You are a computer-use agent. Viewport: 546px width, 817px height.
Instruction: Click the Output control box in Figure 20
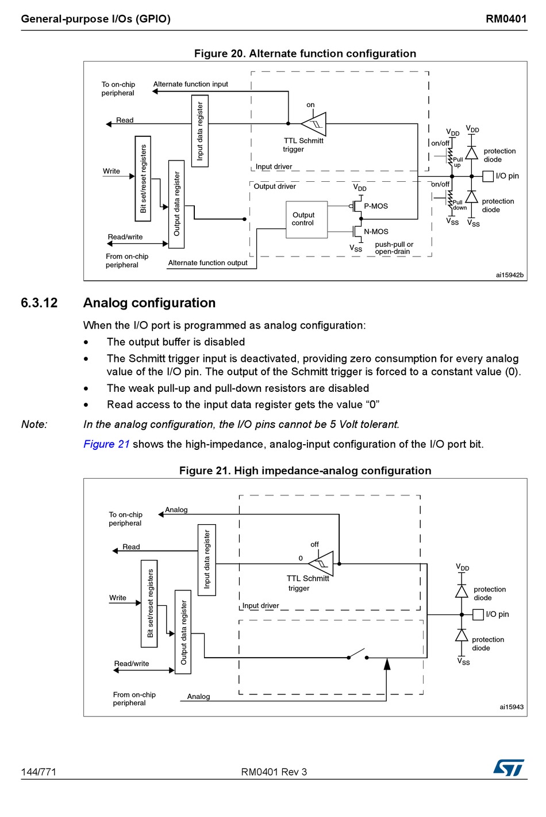(x=306, y=220)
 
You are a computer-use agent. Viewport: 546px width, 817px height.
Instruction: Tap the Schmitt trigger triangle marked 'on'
(x=314, y=124)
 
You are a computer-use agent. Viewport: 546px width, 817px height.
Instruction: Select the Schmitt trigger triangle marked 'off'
(x=321, y=563)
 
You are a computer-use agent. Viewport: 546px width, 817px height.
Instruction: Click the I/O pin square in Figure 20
(x=488, y=176)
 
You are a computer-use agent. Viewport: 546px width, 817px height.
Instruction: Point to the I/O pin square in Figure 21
(x=478, y=614)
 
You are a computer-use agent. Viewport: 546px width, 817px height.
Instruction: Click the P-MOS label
(x=376, y=206)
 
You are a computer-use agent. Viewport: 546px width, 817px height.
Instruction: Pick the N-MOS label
(x=376, y=232)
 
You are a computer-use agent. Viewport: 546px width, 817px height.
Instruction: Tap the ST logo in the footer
(x=509, y=768)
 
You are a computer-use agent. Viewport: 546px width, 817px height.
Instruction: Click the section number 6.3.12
(x=39, y=303)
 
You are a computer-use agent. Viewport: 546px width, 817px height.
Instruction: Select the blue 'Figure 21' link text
(x=106, y=444)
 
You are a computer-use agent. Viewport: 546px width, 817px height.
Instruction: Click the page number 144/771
(x=39, y=772)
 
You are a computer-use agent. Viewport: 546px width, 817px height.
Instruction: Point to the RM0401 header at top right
(x=506, y=19)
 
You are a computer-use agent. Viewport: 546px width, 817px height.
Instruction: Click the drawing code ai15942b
(x=510, y=275)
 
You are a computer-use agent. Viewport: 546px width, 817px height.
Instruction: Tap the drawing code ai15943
(x=512, y=707)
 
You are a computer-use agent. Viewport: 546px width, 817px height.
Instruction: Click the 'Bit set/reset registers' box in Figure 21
(x=149, y=604)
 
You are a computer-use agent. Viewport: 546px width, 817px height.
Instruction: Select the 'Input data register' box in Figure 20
(x=200, y=131)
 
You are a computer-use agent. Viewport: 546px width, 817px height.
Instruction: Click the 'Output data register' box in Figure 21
(x=183, y=632)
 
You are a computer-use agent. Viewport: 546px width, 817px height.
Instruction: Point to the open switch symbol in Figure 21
(x=357, y=654)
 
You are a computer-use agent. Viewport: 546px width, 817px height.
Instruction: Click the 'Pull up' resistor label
(x=458, y=162)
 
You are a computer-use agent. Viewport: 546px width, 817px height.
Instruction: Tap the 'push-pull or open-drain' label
(x=394, y=248)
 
